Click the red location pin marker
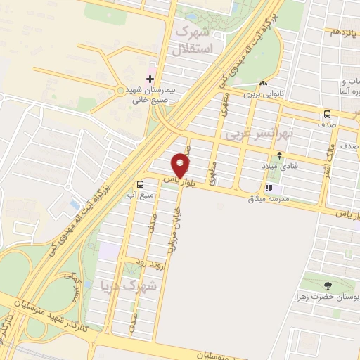(x=181, y=165)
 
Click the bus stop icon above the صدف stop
(x=328, y=115)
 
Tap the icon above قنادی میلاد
(x=281, y=155)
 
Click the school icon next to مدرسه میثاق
(x=269, y=189)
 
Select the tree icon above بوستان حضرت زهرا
(x=327, y=285)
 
